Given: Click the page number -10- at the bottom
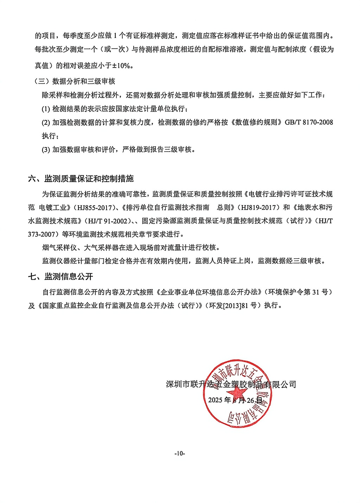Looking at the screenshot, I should click(x=180, y=453).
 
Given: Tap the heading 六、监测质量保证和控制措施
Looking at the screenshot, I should click(x=81, y=179).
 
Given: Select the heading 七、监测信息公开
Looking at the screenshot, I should click(x=60, y=276).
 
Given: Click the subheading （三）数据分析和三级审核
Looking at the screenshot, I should click(x=75, y=81).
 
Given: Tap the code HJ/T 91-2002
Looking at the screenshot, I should click(x=108, y=221).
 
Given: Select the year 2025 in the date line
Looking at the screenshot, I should click(x=215, y=400).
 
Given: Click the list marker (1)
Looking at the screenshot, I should click(x=46, y=109).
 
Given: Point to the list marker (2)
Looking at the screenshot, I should click(x=46, y=122).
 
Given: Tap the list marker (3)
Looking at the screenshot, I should click(x=46, y=149).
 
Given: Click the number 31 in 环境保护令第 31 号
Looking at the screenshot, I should click(x=316, y=292).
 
